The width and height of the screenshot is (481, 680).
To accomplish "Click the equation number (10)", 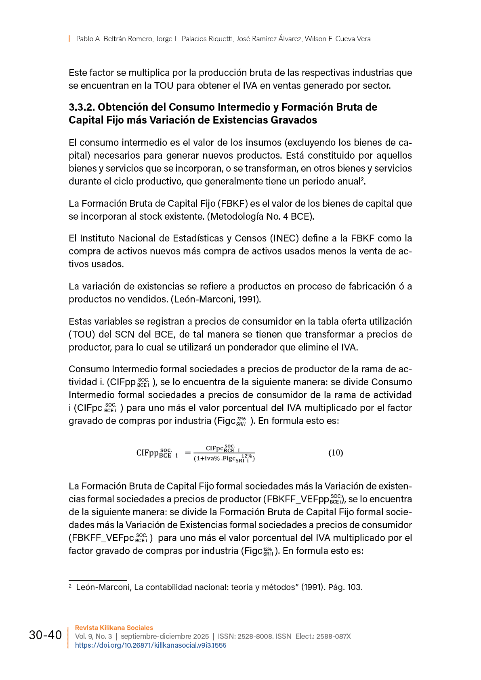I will [x=335, y=453].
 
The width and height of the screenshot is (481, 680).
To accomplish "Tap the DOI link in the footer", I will [x=151, y=645].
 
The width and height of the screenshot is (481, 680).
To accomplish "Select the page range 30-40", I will [x=45, y=635].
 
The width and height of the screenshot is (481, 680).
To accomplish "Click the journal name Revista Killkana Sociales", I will [x=114, y=628].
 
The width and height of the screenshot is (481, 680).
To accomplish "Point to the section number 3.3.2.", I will [x=82, y=107].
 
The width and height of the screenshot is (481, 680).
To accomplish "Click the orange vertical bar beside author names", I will [x=69, y=39].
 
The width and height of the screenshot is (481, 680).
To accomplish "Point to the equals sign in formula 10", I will [x=187, y=453].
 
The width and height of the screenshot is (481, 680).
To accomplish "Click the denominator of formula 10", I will [x=224, y=458].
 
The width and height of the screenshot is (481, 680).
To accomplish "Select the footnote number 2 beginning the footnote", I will [x=70, y=586].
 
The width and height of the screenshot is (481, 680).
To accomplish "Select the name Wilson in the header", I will [x=315, y=39].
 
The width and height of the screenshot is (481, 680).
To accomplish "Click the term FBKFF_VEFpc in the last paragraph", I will [x=101, y=538].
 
